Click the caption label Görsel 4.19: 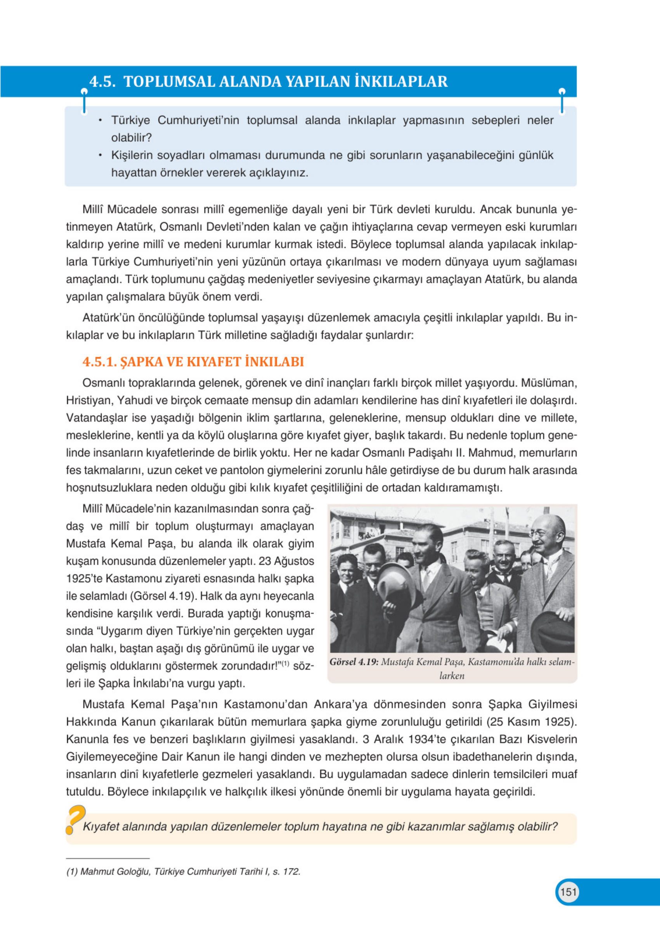354,662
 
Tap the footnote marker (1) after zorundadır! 285,663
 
